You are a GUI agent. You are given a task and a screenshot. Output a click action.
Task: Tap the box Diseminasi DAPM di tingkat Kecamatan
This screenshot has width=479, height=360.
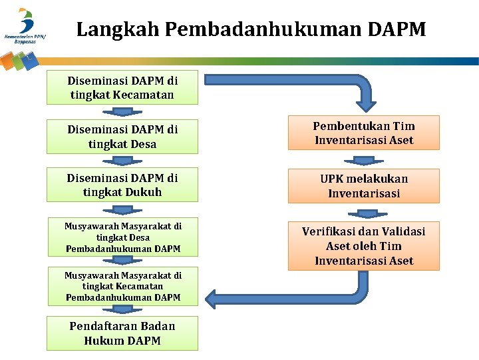pos(122,87)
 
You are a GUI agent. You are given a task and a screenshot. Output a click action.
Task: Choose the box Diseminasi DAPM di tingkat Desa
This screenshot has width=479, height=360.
pos(122,137)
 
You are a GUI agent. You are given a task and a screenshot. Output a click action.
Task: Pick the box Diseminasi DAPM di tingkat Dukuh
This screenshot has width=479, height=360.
pos(122,185)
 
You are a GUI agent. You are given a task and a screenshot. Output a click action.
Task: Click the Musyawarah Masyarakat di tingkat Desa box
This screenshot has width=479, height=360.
pos(122,237)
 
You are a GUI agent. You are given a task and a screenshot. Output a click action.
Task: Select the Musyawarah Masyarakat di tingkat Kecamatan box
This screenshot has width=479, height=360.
pos(122,286)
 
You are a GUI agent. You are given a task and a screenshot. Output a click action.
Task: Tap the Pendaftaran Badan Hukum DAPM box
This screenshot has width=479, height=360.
pos(122,333)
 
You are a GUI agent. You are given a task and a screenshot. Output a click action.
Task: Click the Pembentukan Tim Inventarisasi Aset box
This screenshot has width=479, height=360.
pos(364,133)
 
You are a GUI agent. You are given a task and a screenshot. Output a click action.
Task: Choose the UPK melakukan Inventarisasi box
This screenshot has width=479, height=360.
pos(364,186)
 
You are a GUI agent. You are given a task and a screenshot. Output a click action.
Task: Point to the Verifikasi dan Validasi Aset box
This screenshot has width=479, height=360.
pos(364,245)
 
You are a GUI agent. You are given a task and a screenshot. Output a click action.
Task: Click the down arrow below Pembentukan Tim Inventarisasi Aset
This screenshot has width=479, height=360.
pos(364,160)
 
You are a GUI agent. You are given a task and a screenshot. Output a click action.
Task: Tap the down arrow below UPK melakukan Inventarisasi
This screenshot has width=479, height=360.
pos(364,213)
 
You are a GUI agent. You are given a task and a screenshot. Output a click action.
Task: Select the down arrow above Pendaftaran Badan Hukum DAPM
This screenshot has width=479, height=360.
pos(122,310)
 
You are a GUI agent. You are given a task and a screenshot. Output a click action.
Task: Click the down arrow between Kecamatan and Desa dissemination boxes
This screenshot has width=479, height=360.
pos(122,111)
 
